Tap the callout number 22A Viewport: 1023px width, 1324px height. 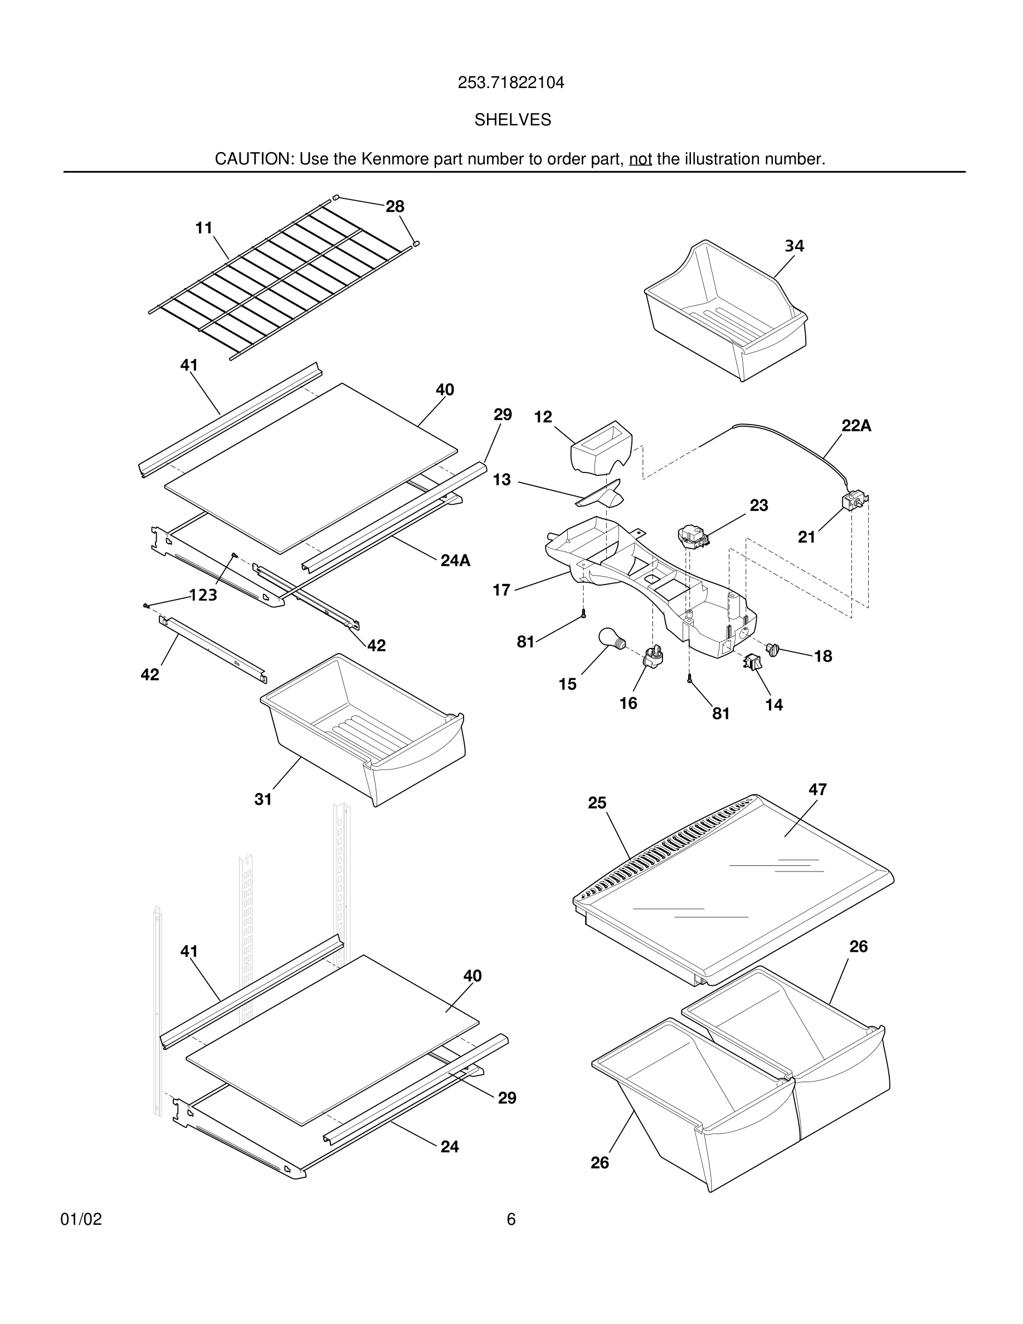point(856,426)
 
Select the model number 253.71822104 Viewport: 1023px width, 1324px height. point(511,82)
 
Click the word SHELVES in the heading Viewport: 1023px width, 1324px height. point(512,120)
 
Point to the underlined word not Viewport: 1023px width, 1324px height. point(640,159)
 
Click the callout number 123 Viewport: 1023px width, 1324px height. point(203,595)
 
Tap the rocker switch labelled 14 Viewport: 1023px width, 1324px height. point(752,662)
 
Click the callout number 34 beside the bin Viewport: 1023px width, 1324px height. point(794,246)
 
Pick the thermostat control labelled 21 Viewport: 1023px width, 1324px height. point(855,501)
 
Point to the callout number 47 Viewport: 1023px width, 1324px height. point(817,789)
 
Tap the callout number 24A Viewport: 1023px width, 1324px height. point(455,560)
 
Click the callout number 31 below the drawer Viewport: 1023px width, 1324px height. point(263,799)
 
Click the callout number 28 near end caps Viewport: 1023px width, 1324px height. point(394,207)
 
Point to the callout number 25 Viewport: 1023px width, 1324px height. point(597,802)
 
